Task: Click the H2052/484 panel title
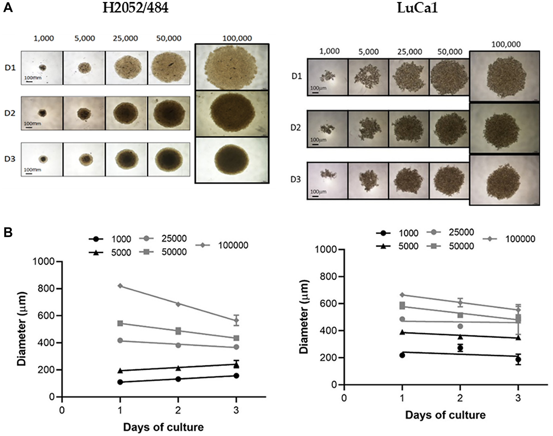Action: [x=135, y=8]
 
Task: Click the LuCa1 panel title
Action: [x=418, y=8]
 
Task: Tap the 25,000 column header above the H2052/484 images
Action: [x=125, y=38]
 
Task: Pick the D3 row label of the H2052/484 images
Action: [x=10, y=159]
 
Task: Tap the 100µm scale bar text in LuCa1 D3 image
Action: [x=318, y=191]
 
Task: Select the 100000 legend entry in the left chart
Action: [x=233, y=245]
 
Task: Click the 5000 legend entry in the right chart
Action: [x=408, y=246]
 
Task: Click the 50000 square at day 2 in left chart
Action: [x=178, y=331]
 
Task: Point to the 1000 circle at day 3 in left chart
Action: [x=236, y=376]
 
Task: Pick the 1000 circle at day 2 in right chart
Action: [x=460, y=348]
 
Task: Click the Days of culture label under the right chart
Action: [x=445, y=415]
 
